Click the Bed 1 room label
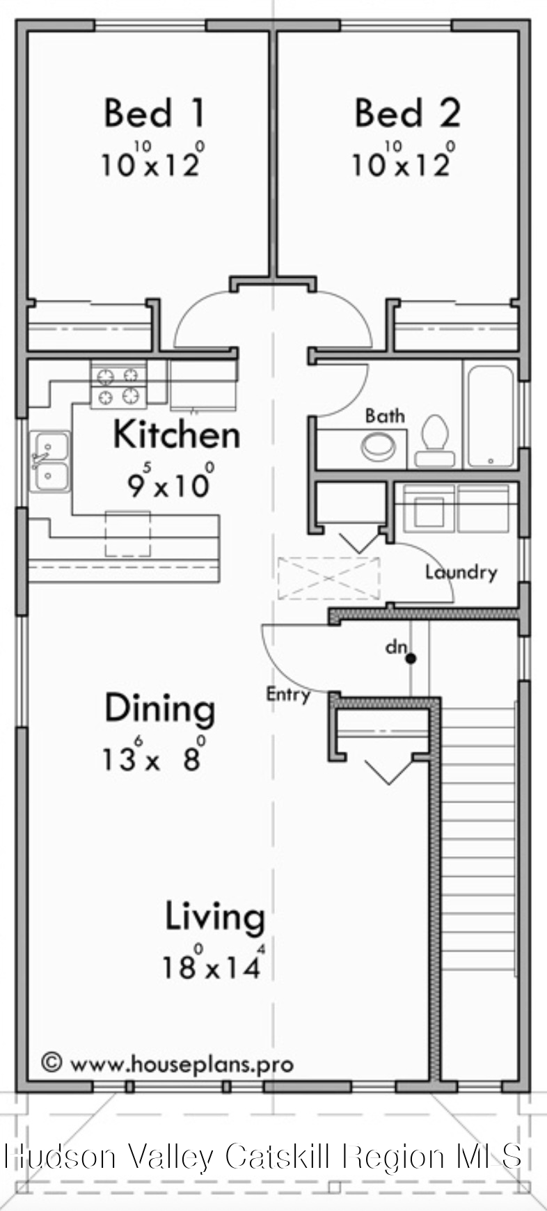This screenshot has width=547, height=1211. pyautogui.click(x=154, y=113)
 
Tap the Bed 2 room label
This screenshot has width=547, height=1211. pyautogui.click(x=407, y=113)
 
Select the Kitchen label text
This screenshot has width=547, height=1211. pyautogui.click(x=176, y=434)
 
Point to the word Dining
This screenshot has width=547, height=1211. pyautogui.click(x=159, y=708)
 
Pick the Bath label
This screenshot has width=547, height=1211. pyautogui.click(x=385, y=415)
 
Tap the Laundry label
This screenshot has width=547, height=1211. pyautogui.click(x=461, y=572)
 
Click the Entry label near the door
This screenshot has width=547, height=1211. pyautogui.click(x=288, y=694)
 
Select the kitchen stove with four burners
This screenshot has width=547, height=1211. pyautogui.click(x=118, y=386)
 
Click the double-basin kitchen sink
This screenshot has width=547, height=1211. pyautogui.click(x=49, y=461)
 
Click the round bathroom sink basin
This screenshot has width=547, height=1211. pyautogui.click(x=379, y=447)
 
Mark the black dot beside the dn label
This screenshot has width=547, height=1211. pyautogui.click(x=411, y=658)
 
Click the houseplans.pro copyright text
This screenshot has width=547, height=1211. pyautogui.click(x=167, y=1063)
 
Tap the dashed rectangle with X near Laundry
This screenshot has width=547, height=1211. pyautogui.click(x=328, y=578)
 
